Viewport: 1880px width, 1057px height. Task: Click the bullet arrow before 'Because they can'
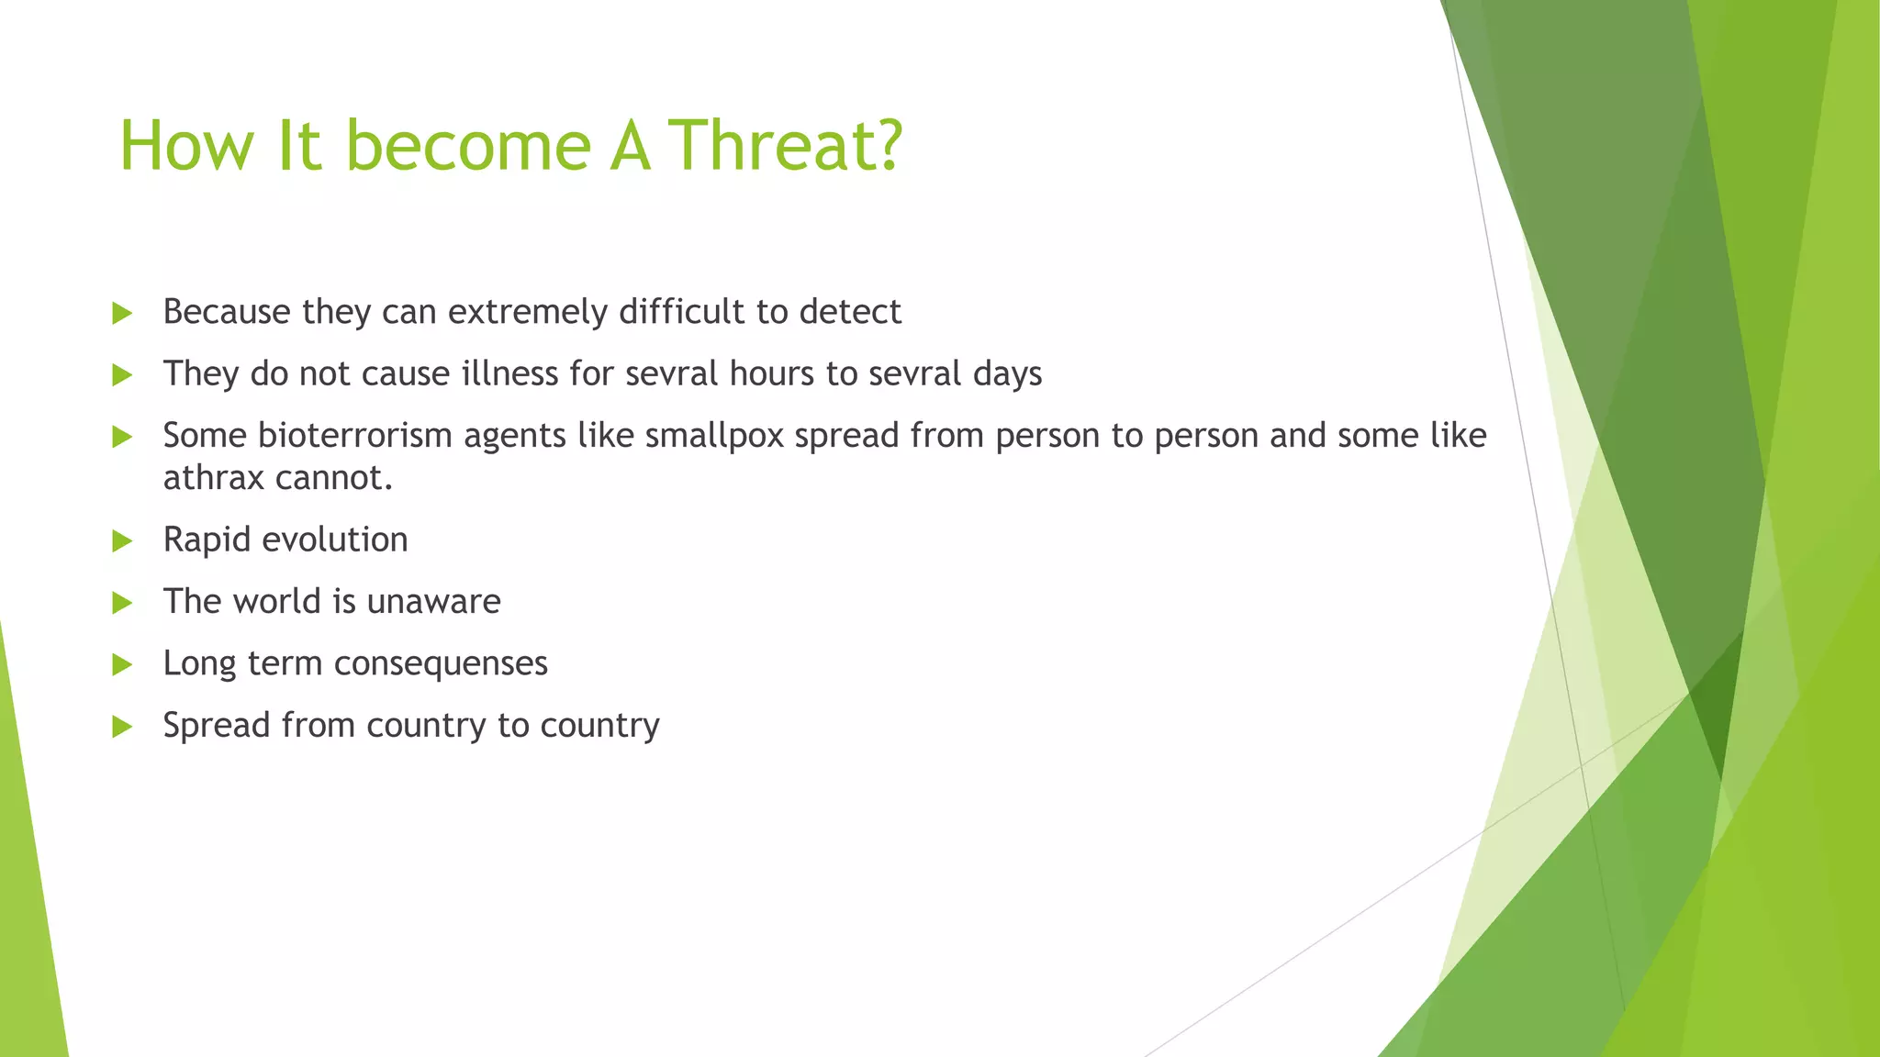[x=122, y=313]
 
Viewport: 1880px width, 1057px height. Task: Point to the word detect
[x=850, y=312]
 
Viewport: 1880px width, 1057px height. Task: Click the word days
[x=1007, y=374]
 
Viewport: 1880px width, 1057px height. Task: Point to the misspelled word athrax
[x=207, y=477]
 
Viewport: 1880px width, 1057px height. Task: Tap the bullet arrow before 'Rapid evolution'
[x=122, y=540]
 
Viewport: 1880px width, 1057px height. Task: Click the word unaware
[x=433, y=602]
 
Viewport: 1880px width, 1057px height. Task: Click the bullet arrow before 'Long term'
[x=122, y=664]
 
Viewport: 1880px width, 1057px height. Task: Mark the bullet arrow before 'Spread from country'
[x=122, y=727]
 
